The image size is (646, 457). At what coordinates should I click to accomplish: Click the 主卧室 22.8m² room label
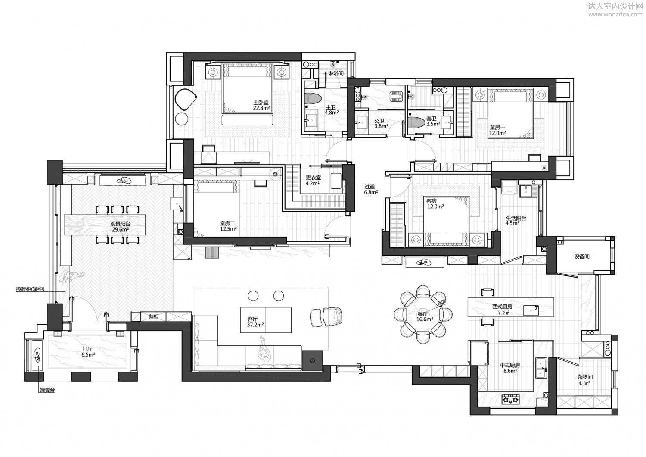(261, 105)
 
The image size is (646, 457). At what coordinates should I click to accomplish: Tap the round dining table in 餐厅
(423, 314)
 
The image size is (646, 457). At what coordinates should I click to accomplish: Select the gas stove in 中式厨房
(511, 400)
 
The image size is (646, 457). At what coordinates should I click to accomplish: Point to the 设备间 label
(581, 257)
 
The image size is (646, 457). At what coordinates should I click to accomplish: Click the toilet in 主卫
(313, 99)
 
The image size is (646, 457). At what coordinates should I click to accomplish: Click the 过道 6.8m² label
(370, 190)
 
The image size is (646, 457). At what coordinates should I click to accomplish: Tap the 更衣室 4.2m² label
(313, 181)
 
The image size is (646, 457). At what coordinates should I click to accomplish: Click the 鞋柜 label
(153, 317)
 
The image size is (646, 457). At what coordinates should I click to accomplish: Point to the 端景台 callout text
(47, 390)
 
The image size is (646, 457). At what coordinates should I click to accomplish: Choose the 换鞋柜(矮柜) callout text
(30, 289)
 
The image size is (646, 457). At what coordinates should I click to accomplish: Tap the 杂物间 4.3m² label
(585, 380)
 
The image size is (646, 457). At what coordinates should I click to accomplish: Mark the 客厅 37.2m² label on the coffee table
(252, 322)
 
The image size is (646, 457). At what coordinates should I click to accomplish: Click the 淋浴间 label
(336, 73)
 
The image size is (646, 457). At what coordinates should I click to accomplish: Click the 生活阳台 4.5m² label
(516, 221)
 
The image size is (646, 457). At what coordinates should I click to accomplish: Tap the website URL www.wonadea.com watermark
(614, 15)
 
